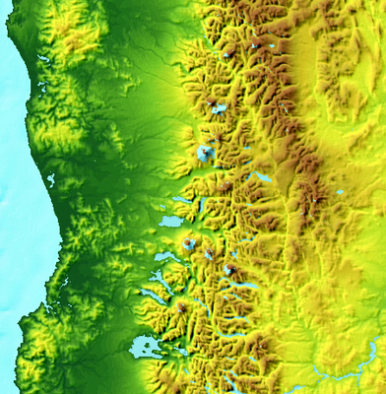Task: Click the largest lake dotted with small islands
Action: (145, 348)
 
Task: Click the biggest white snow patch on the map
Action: (205, 153)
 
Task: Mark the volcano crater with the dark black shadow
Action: (229, 268)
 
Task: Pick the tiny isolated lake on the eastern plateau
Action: (340, 192)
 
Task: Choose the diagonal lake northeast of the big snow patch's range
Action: (260, 177)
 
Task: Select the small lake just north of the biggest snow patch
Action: (219, 108)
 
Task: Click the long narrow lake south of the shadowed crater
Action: (241, 287)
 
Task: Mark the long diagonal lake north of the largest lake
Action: (154, 295)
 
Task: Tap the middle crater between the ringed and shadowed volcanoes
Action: (208, 255)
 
